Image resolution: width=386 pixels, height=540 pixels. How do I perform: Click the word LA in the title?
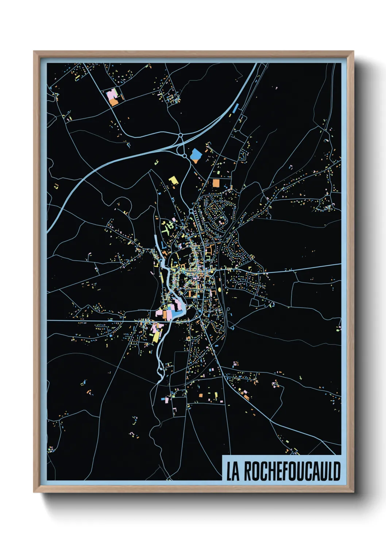point(232,471)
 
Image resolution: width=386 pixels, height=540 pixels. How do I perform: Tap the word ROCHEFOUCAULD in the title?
point(292,471)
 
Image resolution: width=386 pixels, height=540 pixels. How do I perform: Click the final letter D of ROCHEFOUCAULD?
point(336,471)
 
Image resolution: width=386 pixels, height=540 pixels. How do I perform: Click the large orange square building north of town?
point(216,183)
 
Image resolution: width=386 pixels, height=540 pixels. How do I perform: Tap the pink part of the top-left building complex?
point(111,94)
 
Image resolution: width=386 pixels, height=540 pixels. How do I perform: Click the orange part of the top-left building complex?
point(114,102)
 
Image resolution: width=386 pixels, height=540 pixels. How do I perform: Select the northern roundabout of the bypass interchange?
point(181,135)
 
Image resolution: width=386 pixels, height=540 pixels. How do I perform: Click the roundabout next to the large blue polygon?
point(185,156)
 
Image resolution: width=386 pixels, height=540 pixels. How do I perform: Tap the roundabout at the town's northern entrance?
point(191,211)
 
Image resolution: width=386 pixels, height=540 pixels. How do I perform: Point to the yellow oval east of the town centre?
point(220,289)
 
